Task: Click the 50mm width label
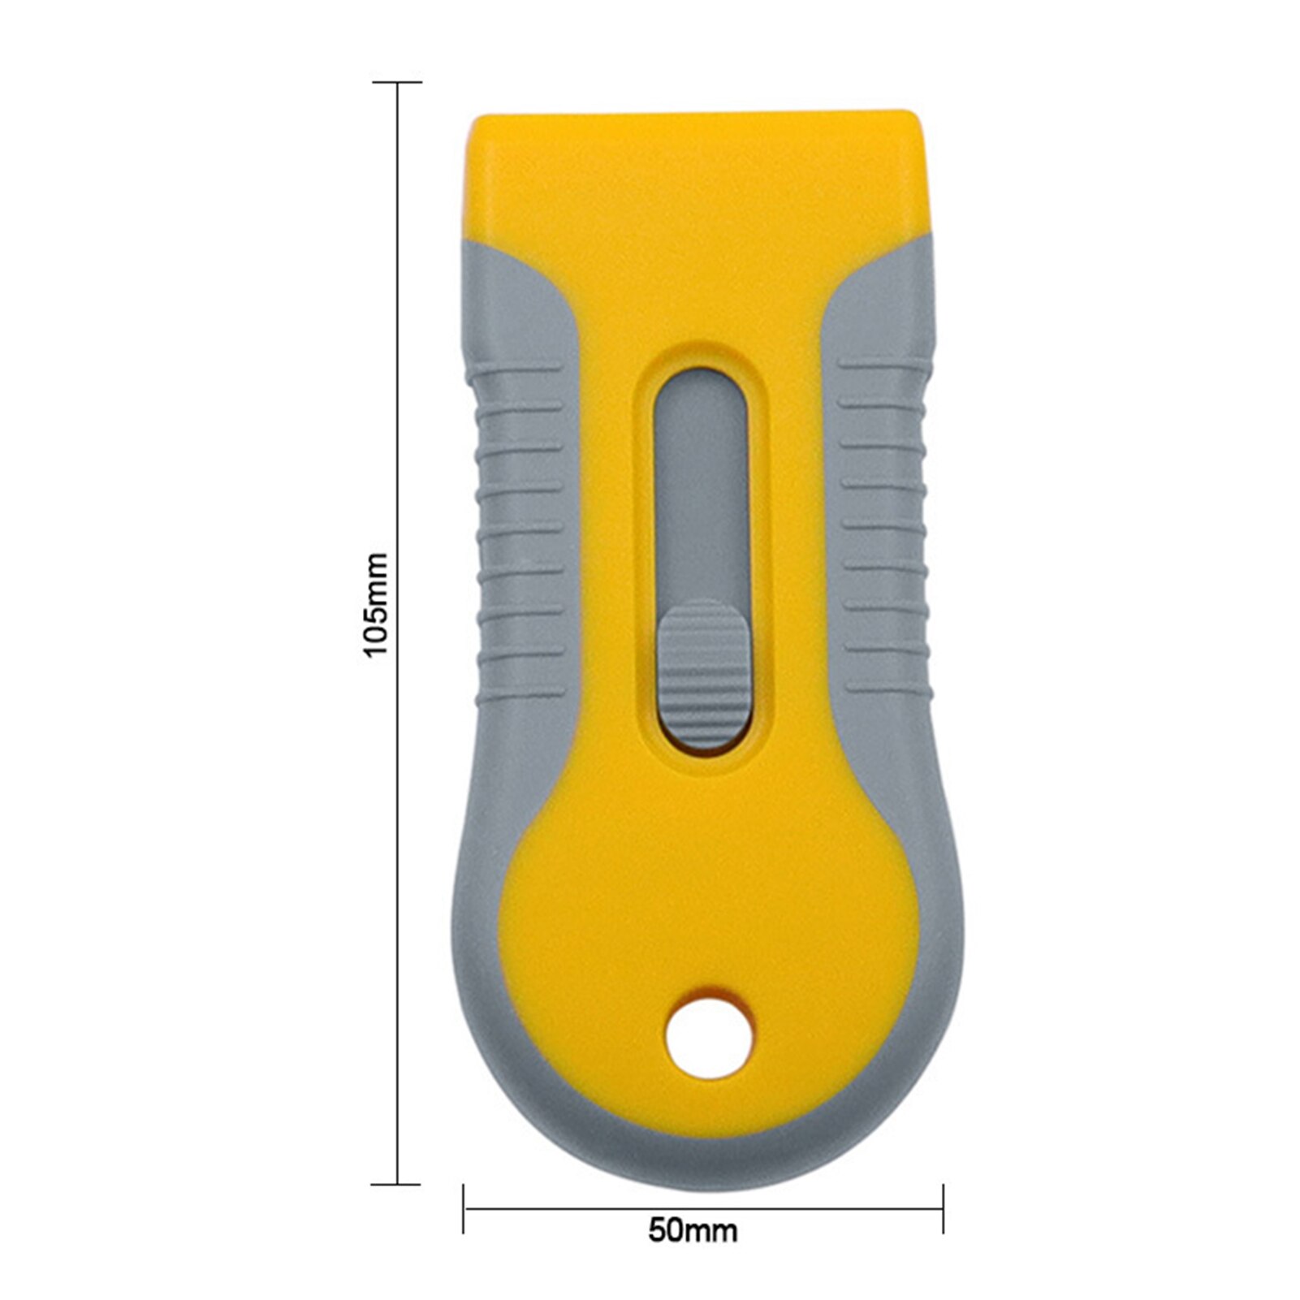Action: (693, 1230)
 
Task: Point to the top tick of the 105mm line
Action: (397, 82)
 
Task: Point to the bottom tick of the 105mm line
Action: (397, 1184)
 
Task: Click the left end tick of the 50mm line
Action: (464, 1208)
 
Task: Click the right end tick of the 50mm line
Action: (943, 1208)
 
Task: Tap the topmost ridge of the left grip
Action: (520, 369)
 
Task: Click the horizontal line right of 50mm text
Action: (836, 1208)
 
